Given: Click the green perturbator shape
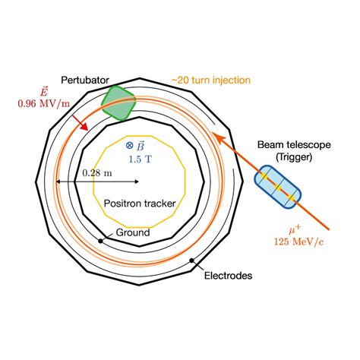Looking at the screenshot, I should [x=118, y=103].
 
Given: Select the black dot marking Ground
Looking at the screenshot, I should [x=101, y=242].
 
